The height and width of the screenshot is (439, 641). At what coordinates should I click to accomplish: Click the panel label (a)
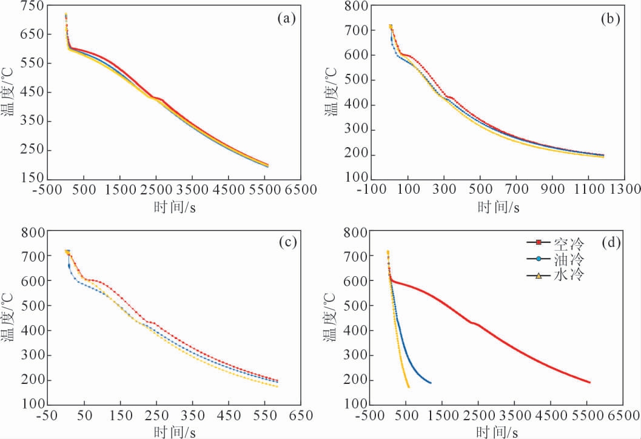[x=286, y=19]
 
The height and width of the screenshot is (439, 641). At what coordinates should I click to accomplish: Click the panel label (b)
[x=609, y=19]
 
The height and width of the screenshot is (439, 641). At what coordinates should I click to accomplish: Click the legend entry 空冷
[x=568, y=243]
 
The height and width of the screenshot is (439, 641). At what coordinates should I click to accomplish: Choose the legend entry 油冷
[x=568, y=259]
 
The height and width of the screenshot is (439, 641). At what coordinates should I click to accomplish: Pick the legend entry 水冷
[x=568, y=276]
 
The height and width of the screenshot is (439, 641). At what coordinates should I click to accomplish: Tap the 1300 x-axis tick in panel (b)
[x=625, y=190]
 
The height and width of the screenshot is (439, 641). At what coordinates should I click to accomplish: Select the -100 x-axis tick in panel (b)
[x=371, y=190]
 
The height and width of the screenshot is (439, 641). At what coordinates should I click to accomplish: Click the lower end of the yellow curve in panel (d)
[x=408, y=386]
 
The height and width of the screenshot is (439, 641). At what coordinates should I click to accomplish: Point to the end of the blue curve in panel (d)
[x=431, y=383]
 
